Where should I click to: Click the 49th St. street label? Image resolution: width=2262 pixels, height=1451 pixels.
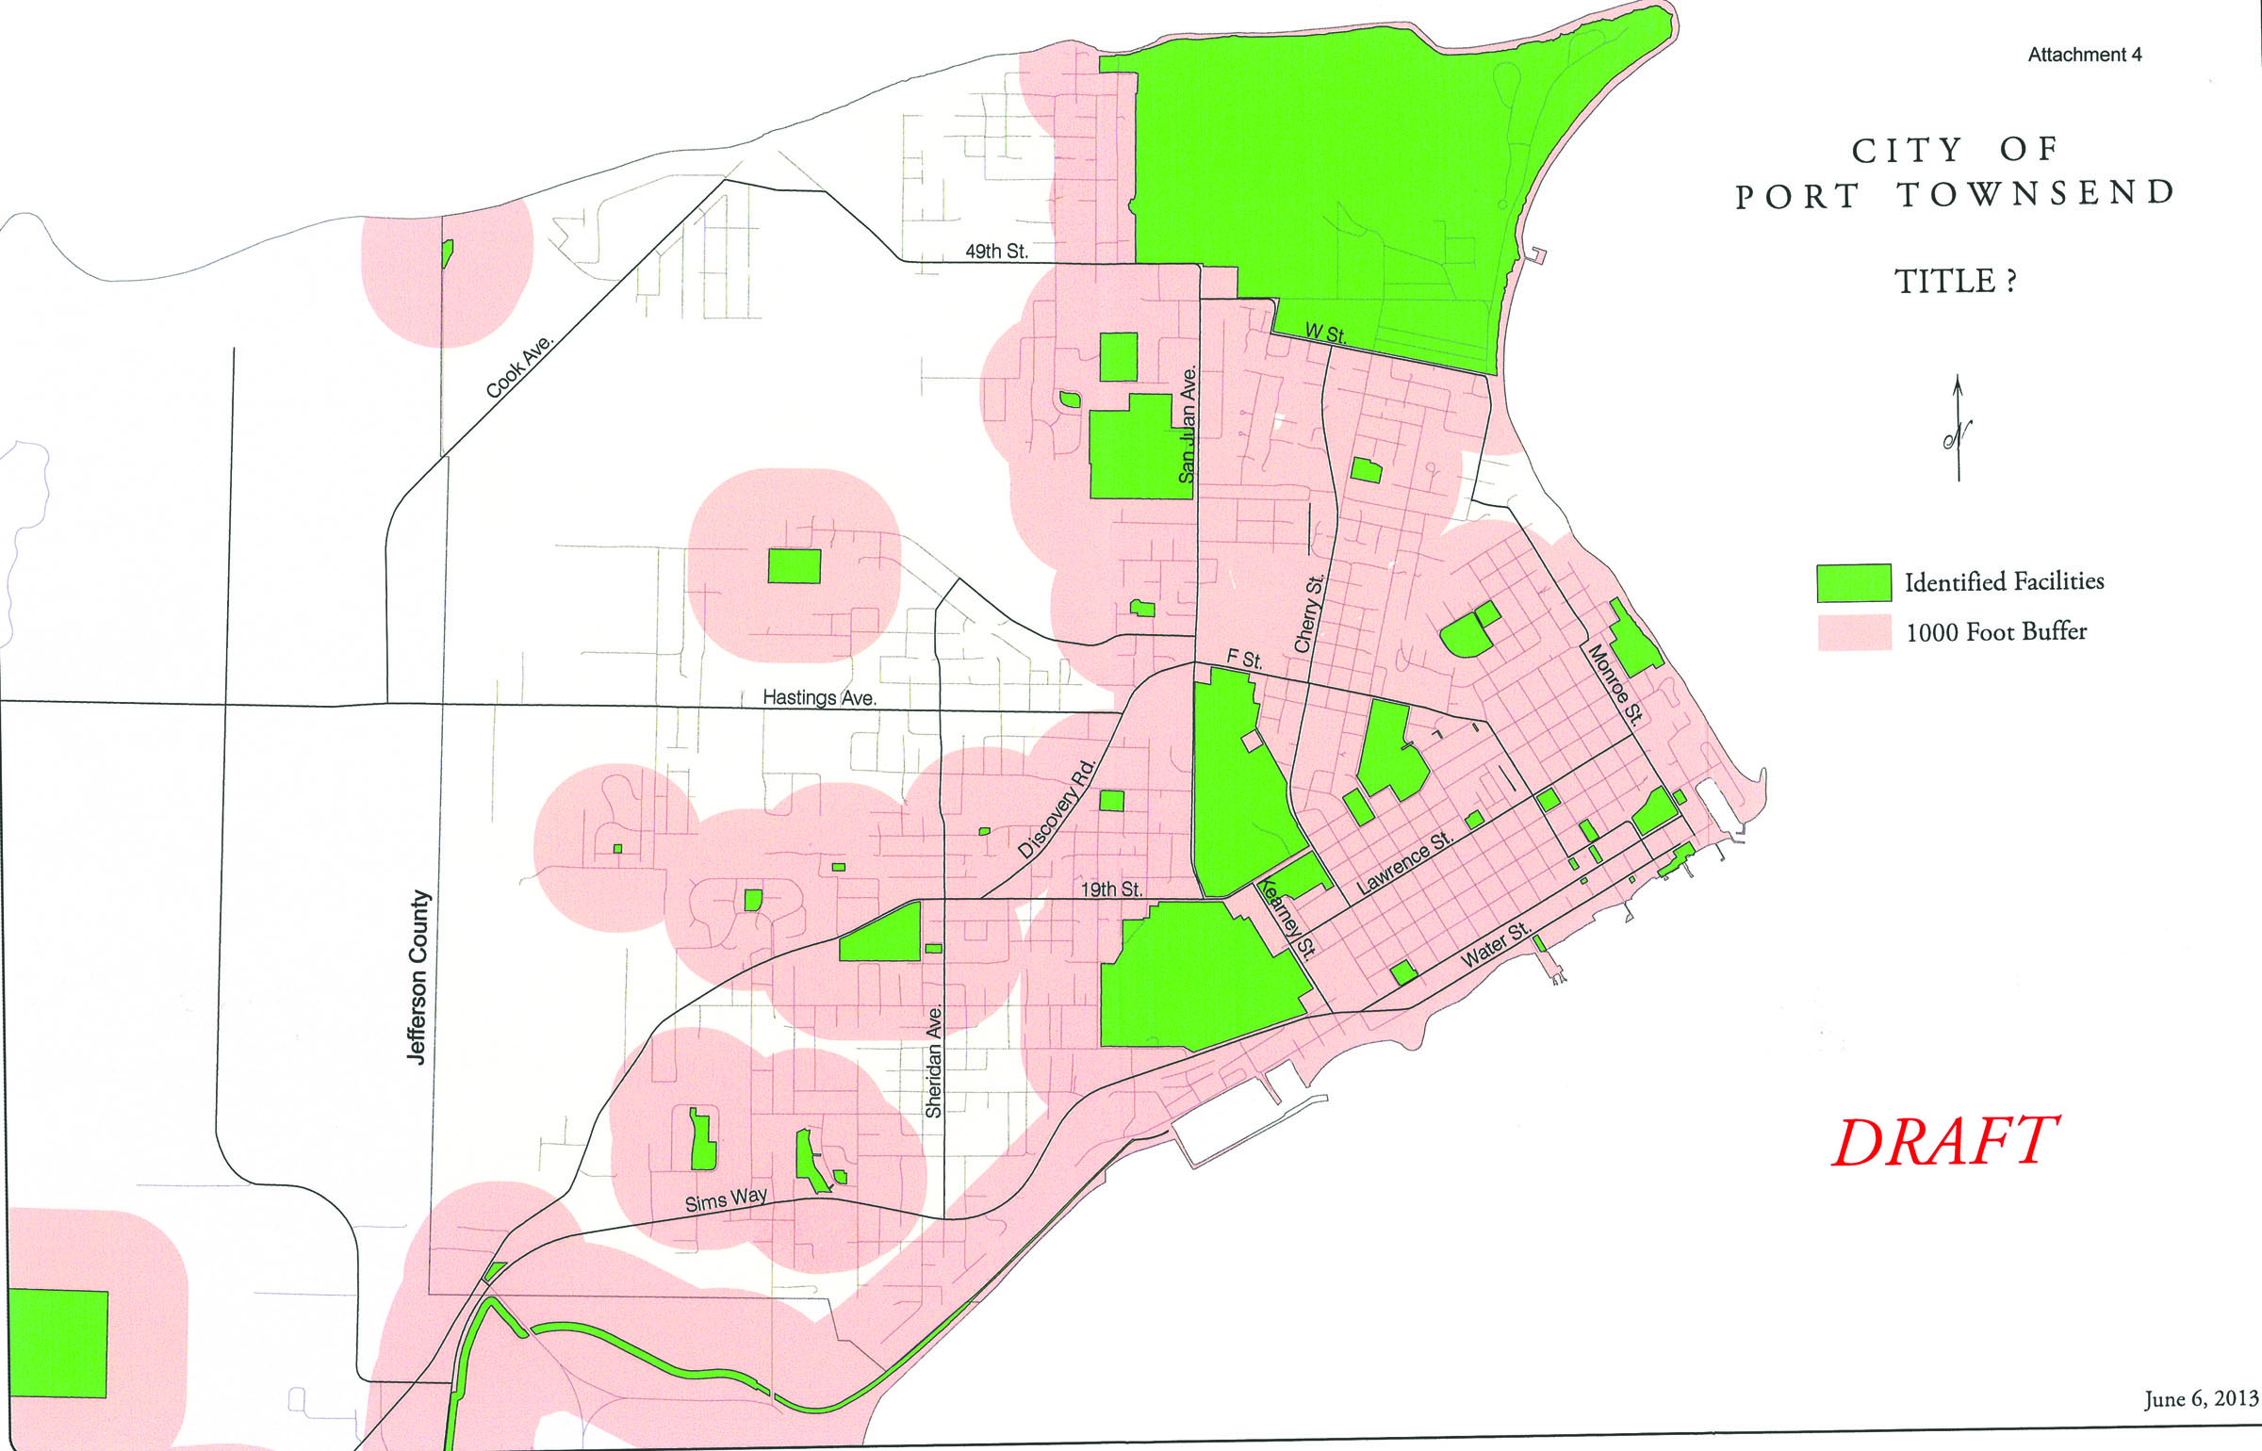point(996,252)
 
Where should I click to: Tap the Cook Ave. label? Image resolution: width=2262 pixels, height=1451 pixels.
point(519,367)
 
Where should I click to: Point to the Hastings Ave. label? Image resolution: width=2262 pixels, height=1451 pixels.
point(819,698)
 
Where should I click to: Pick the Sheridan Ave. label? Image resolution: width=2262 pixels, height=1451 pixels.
point(934,1061)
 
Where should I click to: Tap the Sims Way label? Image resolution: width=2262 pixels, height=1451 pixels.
point(726,1199)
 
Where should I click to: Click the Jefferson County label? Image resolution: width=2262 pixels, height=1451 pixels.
point(418,977)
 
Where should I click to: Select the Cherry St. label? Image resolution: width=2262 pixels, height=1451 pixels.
point(1309,613)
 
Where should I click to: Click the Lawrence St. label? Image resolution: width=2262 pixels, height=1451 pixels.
point(1404,863)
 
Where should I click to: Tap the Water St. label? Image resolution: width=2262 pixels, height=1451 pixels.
point(1495,945)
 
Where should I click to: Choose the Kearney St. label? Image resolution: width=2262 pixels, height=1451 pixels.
point(1287,919)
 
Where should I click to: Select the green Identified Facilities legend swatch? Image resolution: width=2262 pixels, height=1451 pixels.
point(1853,582)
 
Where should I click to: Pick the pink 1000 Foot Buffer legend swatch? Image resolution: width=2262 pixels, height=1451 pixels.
point(1853,632)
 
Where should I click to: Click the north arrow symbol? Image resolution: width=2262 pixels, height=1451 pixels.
point(1958,429)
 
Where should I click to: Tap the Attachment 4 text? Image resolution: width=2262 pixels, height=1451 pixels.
point(2084,55)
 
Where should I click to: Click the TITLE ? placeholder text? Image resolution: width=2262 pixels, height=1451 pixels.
point(1955,281)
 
